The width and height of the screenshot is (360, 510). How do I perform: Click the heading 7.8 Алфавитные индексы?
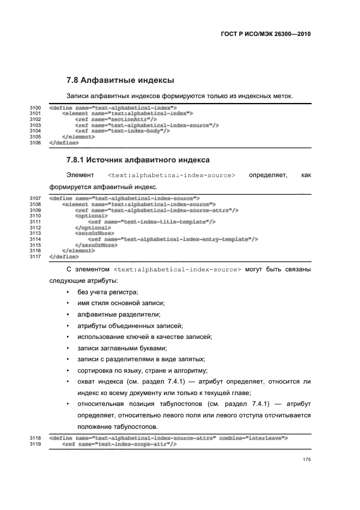tap(120, 81)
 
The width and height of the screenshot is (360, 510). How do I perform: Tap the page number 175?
tap(307, 460)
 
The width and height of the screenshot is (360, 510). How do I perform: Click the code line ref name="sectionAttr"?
tap(116, 119)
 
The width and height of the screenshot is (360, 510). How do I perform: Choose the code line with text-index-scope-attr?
tap(120, 444)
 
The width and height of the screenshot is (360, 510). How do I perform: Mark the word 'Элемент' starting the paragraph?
tap(80, 175)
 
